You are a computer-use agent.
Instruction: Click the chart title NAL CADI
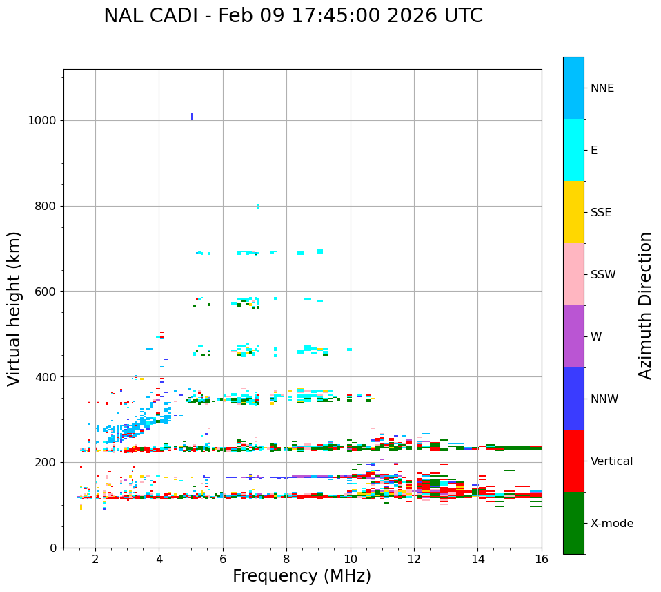pyautogui.click(x=293, y=16)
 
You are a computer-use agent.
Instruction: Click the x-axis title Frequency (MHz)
pyautogui.click(x=302, y=576)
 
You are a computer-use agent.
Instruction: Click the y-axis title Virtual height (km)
pyautogui.click(x=14, y=309)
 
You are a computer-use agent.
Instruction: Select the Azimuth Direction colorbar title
pyautogui.click(x=645, y=305)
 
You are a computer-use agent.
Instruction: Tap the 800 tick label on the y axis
pyautogui.click(x=45, y=206)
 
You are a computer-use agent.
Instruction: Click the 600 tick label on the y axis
pyautogui.click(x=45, y=292)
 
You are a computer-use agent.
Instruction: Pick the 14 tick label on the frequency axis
pyautogui.click(x=477, y=559)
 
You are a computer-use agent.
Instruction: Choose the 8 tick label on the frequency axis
pyautogui.click(x=286, y=559)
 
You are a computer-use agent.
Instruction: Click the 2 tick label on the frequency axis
pyautogui.click(x=95, y=559)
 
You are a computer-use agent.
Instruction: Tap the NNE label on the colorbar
pyautogui.click(x=602, y=88)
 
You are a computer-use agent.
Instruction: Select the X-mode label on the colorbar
pyautogui.click(x=611, y=524)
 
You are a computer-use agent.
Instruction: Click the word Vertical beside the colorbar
pyautogui.click(x=611, y=461)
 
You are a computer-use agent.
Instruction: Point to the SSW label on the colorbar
pyautogui.click(x=602, y=275)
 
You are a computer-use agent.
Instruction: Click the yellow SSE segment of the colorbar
pyautogui.click(x=573, y=212)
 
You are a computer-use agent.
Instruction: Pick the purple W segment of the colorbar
pyautogui.click(x=573, y=336)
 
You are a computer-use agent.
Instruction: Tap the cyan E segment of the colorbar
pyautogui.click(x=573, y=150)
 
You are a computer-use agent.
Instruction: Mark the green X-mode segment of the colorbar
pyautogui.click(x=573, y=523)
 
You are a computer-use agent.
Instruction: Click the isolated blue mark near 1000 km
pyautogui.click(x=192, y=116)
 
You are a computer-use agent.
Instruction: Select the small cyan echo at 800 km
pyautogui.click(x=258, y=206)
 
